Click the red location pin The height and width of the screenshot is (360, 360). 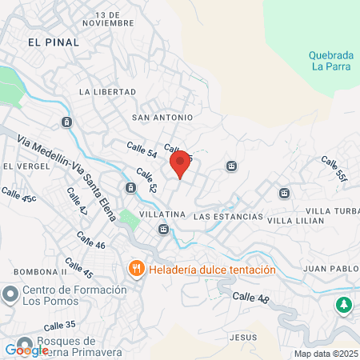click(x=181, y=164)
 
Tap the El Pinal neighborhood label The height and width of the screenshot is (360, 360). click(x=53, y=42)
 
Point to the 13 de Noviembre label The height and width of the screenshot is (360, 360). click(x=118, y=19)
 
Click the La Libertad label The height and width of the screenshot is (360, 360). click(x=108, y=92)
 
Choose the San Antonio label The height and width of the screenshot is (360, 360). click(x=162, y=118)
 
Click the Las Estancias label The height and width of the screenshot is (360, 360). click(x=229, y=217)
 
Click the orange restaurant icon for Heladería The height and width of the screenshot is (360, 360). click(x=137, y=270)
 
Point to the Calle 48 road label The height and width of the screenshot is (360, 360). click(x=251, y=298)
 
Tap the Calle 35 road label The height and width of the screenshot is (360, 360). click(x=60, y=326)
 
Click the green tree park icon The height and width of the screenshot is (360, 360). click(x=343, y=304)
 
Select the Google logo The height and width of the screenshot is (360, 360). click(x=26, y=350)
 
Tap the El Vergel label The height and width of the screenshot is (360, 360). click(x=21, y=166)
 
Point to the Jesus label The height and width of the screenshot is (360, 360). click(x=241, y=338)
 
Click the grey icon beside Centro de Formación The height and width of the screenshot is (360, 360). click(x=10, y=294)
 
